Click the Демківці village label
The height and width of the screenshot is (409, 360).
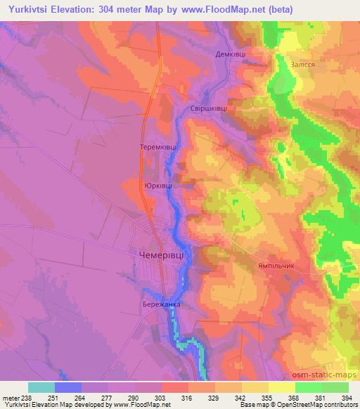(229, 53)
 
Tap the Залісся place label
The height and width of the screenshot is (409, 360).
(302, 64)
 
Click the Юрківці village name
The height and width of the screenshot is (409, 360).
(157, 186)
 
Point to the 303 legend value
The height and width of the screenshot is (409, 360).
(160, 397)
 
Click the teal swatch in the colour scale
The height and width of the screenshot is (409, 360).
(41, 387)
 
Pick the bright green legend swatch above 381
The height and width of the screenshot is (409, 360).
(309, 387)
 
